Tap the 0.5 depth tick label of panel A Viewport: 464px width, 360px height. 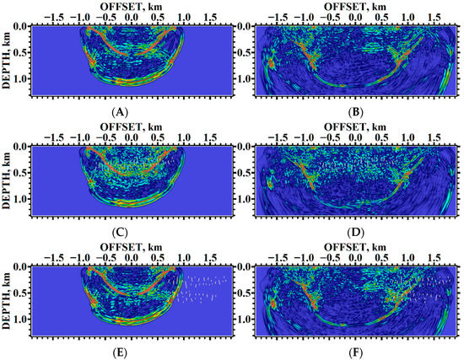(19, 55)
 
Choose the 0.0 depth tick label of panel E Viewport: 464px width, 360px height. (19, 266)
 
